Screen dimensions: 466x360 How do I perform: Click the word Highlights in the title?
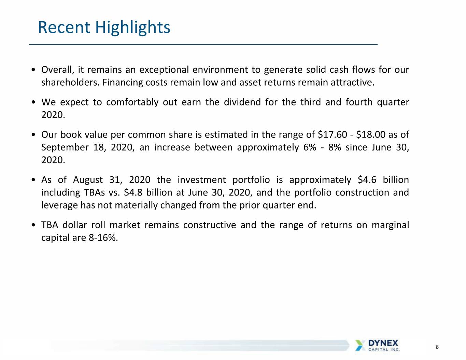[x=132, y=28]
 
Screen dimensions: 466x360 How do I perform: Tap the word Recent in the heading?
[x=64, y=27]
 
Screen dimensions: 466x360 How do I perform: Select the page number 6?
[x=437, y=347]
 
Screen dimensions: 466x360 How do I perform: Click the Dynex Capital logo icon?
[x=359, y=345]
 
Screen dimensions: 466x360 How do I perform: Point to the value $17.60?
[x=332, y=134]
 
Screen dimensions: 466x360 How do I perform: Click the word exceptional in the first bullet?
[x=164, y=70]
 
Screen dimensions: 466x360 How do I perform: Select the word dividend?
[x=242, y=102]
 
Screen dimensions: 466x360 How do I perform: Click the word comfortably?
[x=132, y=102]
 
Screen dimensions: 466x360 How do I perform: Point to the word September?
[x=65, y=148]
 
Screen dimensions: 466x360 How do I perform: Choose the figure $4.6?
[x=367, y=180]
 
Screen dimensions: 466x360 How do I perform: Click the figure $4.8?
[x=133, y=192]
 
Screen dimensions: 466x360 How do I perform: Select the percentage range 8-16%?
[x=103, y=237]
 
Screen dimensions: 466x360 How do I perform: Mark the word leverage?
[x=59, y=206]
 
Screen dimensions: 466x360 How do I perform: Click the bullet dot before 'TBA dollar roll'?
[x=33, y=225]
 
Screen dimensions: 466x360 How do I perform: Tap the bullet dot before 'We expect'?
[x=33, y=102]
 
